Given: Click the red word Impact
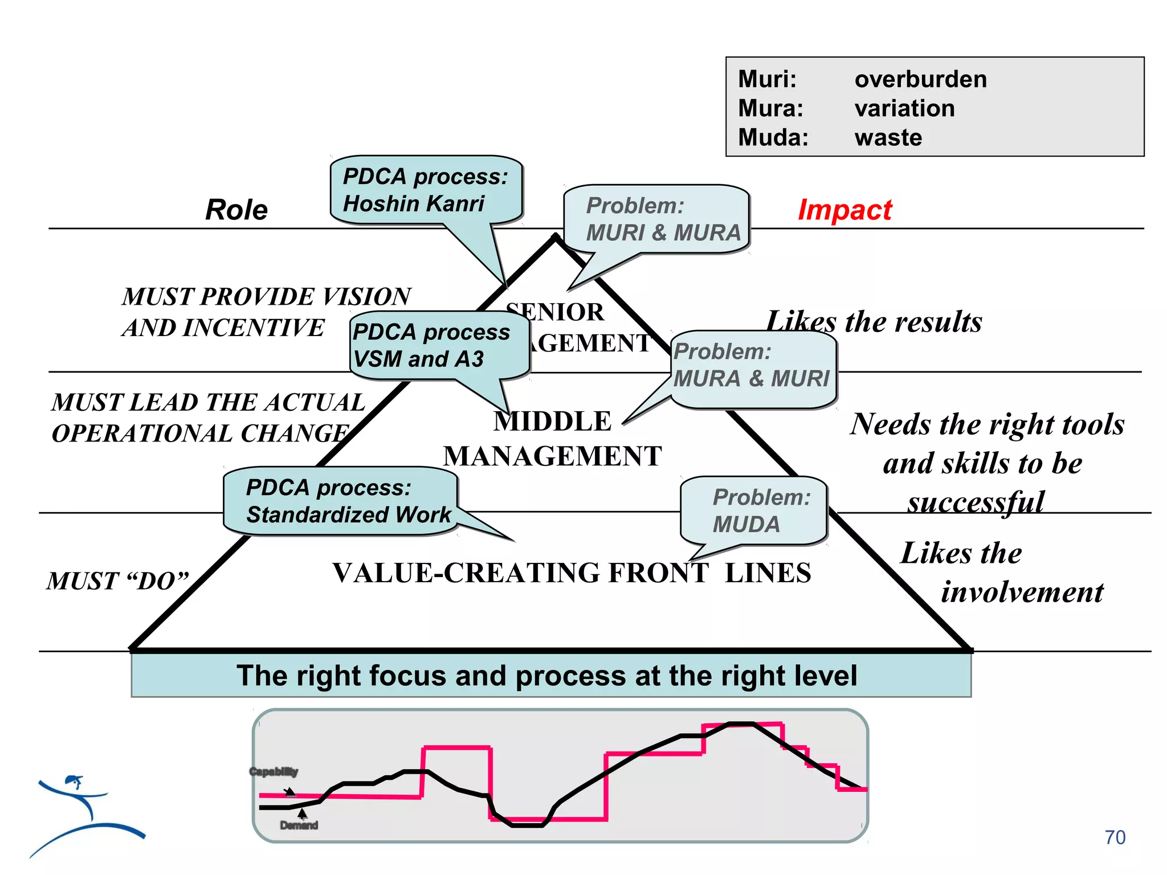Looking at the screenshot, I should pyautogui.click(x=844, y=210).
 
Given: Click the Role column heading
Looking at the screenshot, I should pyautogui.click(x=236, y=210).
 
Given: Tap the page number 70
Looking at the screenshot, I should pyautogui.click(x=1115, y=837).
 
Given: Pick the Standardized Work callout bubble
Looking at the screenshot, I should pyautogui.click(x=341, y=501).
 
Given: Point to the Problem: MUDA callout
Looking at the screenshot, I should pyautogui.click(x=753, y=510).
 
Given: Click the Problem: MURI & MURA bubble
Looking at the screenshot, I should pyautogui.click(x=656, y=219).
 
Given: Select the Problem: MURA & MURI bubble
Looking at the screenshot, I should pyautogui.click(x=752, y=366).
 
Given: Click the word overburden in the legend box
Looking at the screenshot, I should pyautogui.click(x=920, y=79).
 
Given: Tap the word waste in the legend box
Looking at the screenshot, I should pyautogui.click(x=888, y=137).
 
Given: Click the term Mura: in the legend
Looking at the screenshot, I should pyautogui.click(x=770, y=108).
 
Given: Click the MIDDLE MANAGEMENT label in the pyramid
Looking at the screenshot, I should pyautogui.click(x=552, y=439).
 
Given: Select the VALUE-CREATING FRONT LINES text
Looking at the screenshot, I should pyautogui.click(x=572, y=573).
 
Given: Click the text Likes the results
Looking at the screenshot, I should pyautogui.click(x=874, y=322).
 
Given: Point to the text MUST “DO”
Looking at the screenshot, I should pyautogui.click(x=117, y=581).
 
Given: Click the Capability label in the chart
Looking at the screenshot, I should pyautogui.click(x=274, y=772).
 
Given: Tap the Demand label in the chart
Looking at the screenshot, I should pyautogui.click(x=299, y=825).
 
